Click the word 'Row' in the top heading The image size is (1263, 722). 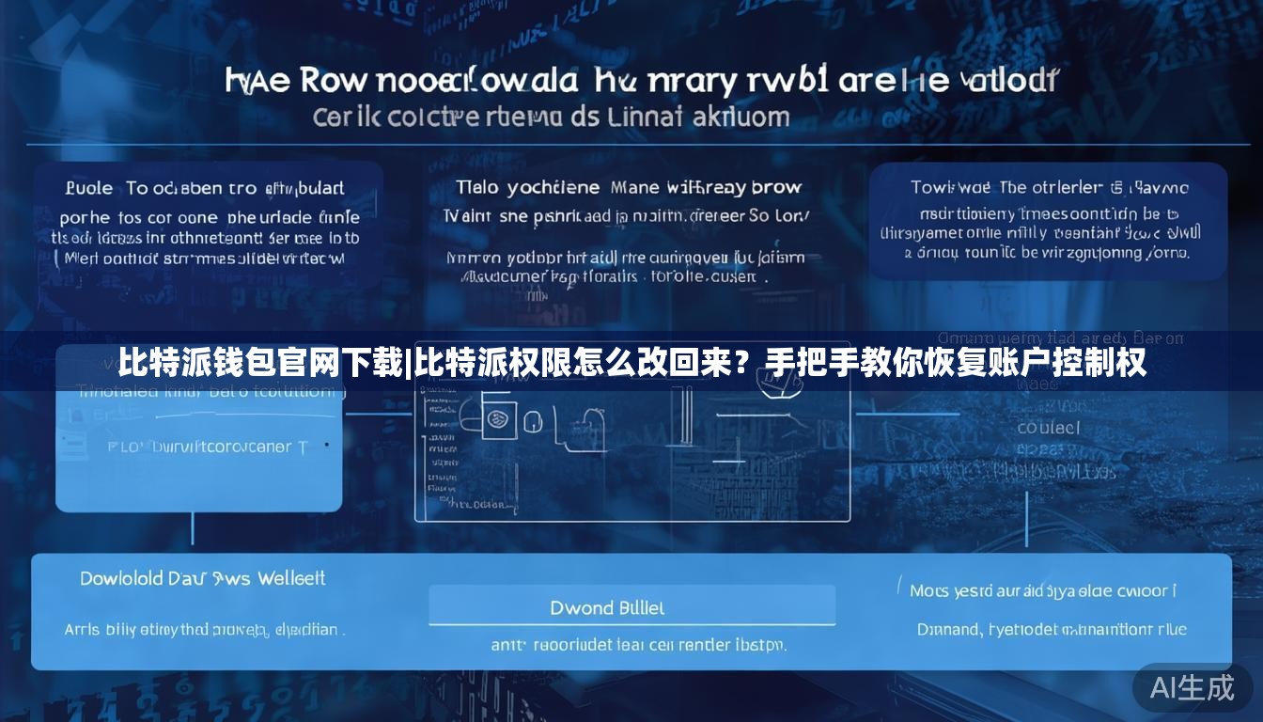pyautogui.click(x=333, y=81)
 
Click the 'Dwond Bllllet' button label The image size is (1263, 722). pyautogui.click(x=607, y=608)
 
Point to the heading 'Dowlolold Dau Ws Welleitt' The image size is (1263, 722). pyautogui.click(x=202, y=578)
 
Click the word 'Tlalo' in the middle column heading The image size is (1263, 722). pyautogui.click(x=476, y=188)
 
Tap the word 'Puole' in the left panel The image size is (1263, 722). pyautogui.click(x=89, y=188)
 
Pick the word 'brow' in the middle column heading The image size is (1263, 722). pyautogui.click(x=777, y=188)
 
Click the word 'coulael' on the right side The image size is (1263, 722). pyautogui.click(x=1048, y=428)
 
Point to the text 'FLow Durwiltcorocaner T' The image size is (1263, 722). pyautogui.click(x=208, y=447)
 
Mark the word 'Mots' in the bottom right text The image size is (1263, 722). pyautogui.click(x=928, y=590)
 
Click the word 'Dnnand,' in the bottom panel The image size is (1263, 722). pyautogui.click(x=950, y=629)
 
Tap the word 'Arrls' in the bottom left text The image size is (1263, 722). pyautogui.click(x=82, y=630)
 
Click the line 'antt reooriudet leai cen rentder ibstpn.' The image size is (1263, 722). pyautogui.click(x=638, y=645)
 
